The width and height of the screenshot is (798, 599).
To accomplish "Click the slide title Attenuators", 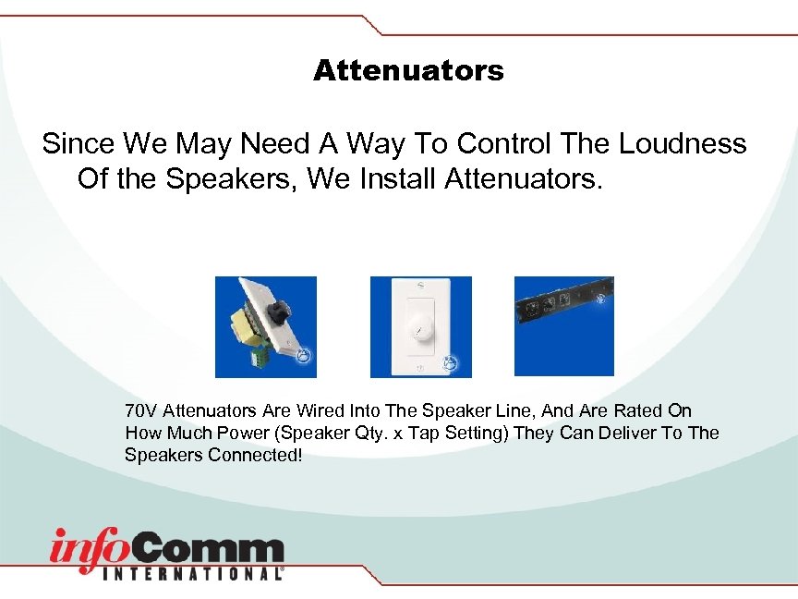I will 408,70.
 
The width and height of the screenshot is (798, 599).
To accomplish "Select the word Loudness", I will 683,143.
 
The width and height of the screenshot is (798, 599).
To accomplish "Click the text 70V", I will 140,410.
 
